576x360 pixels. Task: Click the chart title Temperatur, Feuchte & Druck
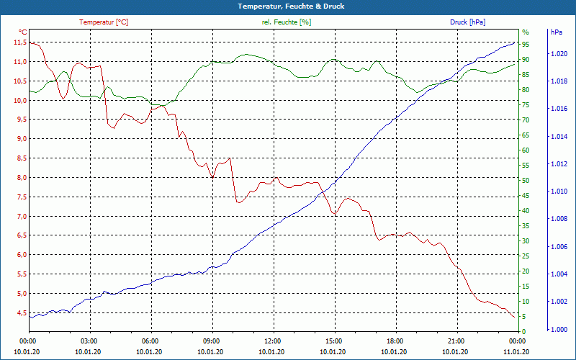coord(288,6)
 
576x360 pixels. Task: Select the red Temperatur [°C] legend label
coord(104,22)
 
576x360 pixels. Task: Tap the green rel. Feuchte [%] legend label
coord(287,22)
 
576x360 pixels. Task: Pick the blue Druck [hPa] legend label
coord(467,22)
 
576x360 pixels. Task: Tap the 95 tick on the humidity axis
coord(526,45)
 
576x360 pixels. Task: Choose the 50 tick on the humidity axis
coord(526,181)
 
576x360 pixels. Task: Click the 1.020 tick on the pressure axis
coord(558,54)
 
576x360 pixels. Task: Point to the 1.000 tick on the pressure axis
coord(558,330)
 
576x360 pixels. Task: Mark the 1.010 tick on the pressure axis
coord(558,192)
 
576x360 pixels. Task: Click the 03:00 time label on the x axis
coord(89,341)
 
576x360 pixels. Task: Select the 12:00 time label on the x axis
coord(272,341)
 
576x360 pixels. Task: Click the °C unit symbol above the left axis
coord(22,32)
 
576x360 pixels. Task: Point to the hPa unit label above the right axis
coord(556,32)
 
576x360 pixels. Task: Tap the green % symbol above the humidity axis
coord(525,32)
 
